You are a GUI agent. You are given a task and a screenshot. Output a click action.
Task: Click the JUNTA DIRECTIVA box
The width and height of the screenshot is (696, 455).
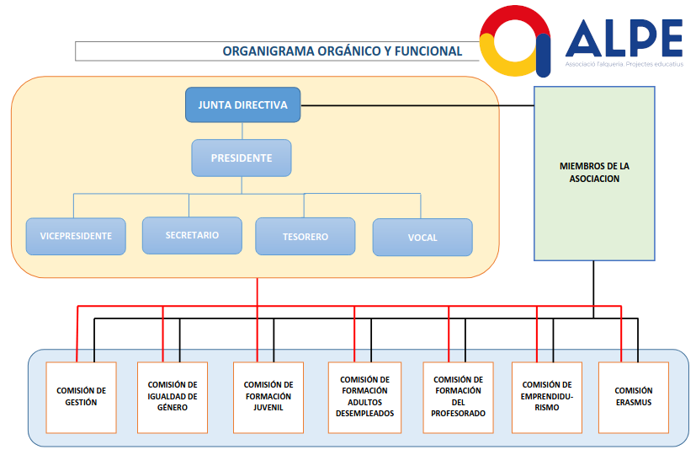click(x=242, y=105)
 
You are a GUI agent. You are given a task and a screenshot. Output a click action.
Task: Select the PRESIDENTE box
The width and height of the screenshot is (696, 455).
click(x=242, y=158)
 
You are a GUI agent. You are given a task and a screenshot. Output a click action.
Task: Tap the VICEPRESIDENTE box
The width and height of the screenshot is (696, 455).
click(x=76, y=237)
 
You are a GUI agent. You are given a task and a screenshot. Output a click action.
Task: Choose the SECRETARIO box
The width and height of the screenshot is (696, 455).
click(x=192, y=235)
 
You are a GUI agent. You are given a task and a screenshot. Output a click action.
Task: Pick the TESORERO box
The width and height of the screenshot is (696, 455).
click(x=305, y=237)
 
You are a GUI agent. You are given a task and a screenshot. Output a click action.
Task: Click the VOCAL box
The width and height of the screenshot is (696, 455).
click(x=422, y=238)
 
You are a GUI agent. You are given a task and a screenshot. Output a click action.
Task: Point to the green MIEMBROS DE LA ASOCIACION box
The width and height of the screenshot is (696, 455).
click(x=594, y=173)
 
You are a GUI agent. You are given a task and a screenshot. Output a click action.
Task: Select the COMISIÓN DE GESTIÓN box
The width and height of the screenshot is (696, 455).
click(x=82, y=397)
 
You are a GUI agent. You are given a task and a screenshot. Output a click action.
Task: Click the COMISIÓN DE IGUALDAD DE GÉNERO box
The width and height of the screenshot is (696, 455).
click(x=172, y=397)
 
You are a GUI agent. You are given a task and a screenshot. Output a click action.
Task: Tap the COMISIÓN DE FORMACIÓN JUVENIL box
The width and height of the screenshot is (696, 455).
click(x=268, y=397)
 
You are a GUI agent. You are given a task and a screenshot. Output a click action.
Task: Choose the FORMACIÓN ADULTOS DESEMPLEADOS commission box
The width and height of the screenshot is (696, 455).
click(x=364, y=397)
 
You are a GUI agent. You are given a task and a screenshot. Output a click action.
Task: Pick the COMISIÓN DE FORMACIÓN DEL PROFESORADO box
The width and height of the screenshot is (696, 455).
click(x=458, y=397)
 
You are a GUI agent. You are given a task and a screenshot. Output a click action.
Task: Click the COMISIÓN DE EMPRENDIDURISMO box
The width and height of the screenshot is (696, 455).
click(x=546, y=397)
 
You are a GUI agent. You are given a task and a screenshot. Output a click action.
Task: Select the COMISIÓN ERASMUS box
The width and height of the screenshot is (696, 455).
click(x=633, y=397)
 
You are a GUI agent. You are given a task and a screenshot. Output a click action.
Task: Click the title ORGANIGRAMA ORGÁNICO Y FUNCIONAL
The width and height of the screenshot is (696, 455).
click(x=342, y=51)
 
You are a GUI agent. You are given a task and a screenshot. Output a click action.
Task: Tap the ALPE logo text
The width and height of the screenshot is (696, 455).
click(x=624, y=37)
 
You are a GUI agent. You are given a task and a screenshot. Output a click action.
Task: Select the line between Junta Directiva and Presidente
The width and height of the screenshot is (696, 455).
click(x=242, y=131)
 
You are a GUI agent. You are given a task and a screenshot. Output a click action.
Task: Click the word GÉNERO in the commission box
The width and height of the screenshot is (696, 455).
click(x=172, y=408)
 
